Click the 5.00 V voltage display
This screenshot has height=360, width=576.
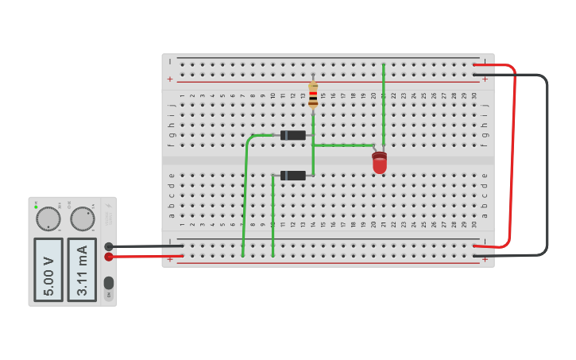48,269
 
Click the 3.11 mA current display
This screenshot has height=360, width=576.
82,269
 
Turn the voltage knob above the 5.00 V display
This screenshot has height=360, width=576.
48,219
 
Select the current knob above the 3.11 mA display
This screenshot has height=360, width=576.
82,219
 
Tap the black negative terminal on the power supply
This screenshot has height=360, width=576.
109,246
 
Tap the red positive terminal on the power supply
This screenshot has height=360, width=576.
109,256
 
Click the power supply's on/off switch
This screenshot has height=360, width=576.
109,283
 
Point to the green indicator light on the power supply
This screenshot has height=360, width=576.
36,207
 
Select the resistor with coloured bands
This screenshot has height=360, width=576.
313,95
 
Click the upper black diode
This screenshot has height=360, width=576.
293,135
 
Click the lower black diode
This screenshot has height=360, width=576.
293,175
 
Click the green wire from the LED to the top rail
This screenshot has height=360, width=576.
383,103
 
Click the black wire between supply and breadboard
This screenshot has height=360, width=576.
147,246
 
